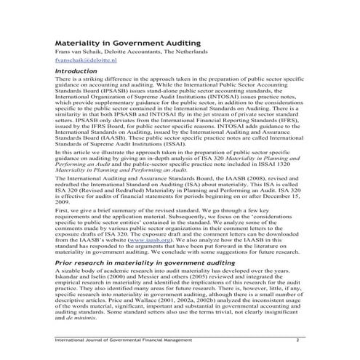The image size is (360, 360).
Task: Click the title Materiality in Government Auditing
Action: tap(124, 43)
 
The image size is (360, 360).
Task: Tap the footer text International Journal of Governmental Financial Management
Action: tap(124, 340)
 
